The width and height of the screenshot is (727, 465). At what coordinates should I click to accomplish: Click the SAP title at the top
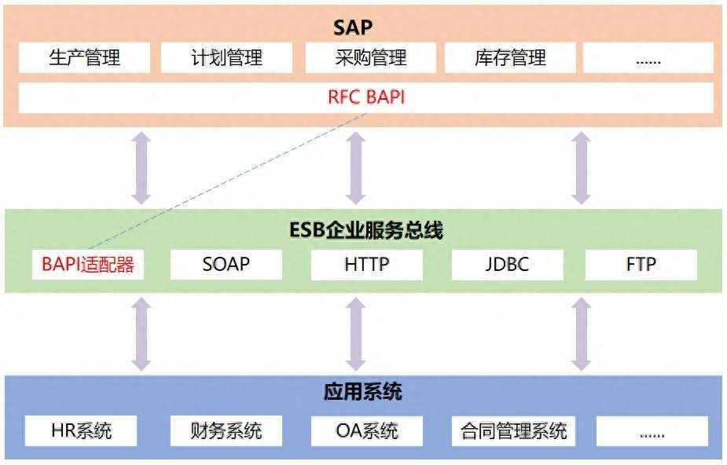pos(353,27)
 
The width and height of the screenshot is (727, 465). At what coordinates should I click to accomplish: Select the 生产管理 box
pos(84,58)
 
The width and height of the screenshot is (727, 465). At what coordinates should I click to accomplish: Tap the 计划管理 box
pos(226,58)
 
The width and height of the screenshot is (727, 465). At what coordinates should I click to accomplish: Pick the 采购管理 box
pos(371,58)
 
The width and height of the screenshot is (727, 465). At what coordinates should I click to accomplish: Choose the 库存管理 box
pos(511,58)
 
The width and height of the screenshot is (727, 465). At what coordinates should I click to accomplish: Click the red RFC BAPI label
pos(366,97)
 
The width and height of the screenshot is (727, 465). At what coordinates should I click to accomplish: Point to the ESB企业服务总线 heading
pos(366,230)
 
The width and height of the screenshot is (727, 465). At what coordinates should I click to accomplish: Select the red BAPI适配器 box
pos(87,265)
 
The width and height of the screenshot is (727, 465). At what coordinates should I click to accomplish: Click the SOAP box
pos(226,265)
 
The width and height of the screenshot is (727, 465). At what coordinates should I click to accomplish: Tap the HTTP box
pos(367,265)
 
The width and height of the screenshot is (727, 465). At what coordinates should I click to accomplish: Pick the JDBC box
pos(508,265)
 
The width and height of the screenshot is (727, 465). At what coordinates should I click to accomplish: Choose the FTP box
pos(641,265)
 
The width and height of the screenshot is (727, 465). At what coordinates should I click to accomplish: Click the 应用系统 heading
pos(362,392)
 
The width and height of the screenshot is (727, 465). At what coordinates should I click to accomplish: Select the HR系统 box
pos(81,430)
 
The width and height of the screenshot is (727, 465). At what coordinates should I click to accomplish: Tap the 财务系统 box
pos(226,430)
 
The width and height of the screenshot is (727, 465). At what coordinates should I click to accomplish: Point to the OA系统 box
pos(367,430)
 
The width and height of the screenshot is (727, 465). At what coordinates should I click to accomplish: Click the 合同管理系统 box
pos(514,430)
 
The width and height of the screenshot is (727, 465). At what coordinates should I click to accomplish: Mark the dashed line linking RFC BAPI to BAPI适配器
pos(227,181)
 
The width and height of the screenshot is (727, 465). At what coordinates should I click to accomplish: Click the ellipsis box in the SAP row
pos(648,58)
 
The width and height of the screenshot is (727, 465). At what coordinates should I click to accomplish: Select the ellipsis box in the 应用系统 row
pos(652,430)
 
